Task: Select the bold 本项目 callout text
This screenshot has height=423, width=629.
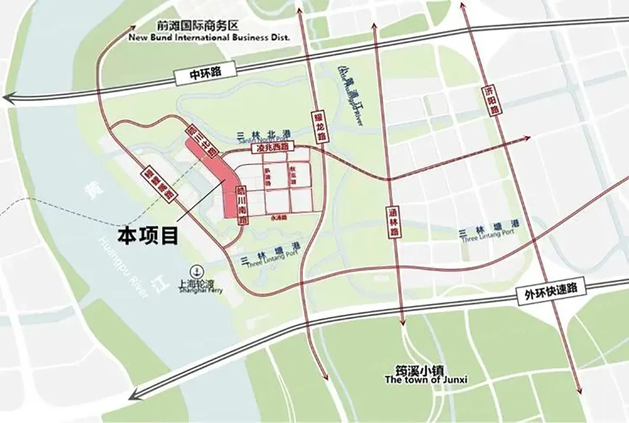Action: tap(148, 236)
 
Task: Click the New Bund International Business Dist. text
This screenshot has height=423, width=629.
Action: tap(209, 38)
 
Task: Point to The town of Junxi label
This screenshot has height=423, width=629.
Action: tap(426, 380)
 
